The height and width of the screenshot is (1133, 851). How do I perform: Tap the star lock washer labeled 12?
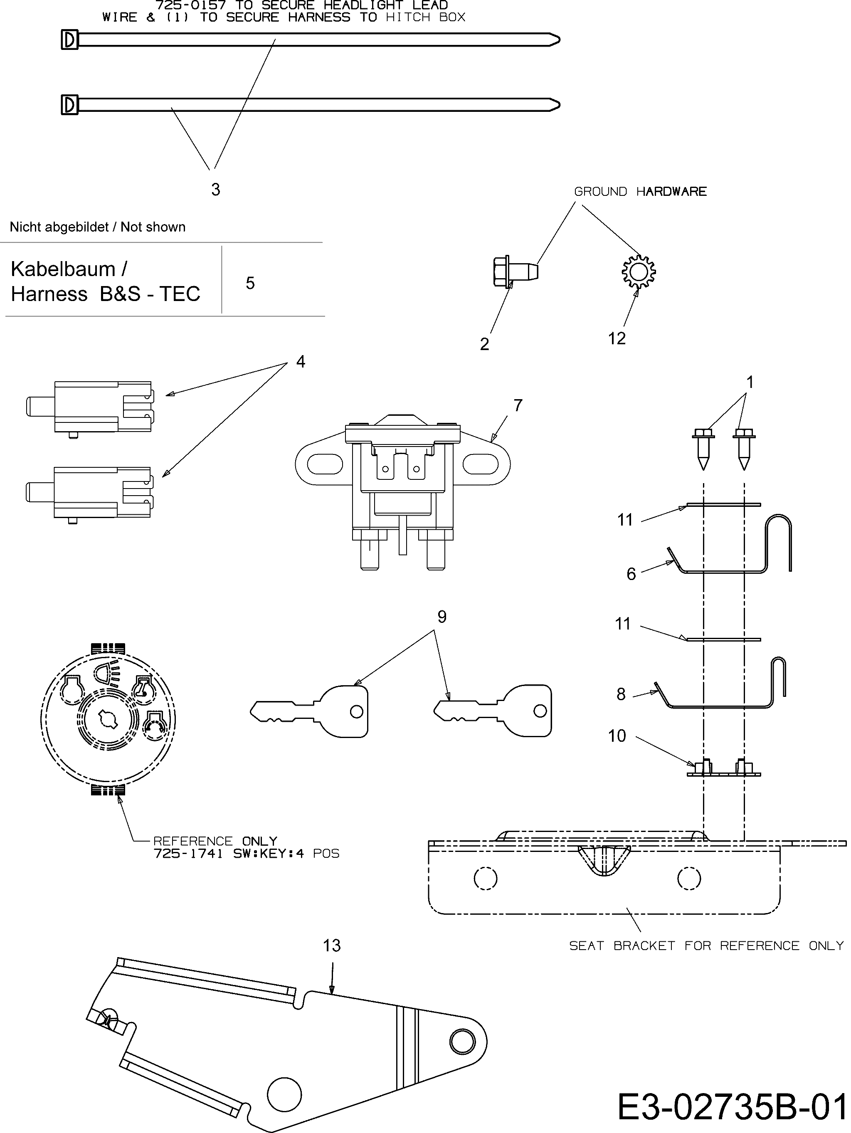[638, 272]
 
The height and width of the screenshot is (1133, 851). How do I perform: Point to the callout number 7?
[518, 405]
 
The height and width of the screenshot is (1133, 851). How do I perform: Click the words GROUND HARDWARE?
[640, 192]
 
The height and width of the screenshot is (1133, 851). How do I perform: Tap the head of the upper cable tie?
[70, 40]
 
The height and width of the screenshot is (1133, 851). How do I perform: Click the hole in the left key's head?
[356, 711]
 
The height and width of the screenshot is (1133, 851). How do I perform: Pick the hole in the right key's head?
[540, 711]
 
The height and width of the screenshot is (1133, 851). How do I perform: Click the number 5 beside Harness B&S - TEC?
[250, 283]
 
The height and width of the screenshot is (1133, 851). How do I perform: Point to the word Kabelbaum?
[63, 269]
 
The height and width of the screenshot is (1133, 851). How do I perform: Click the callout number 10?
[617, 736]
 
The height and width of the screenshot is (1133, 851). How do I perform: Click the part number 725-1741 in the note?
[188, 854]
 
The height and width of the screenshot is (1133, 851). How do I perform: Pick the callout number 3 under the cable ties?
[216, 190]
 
